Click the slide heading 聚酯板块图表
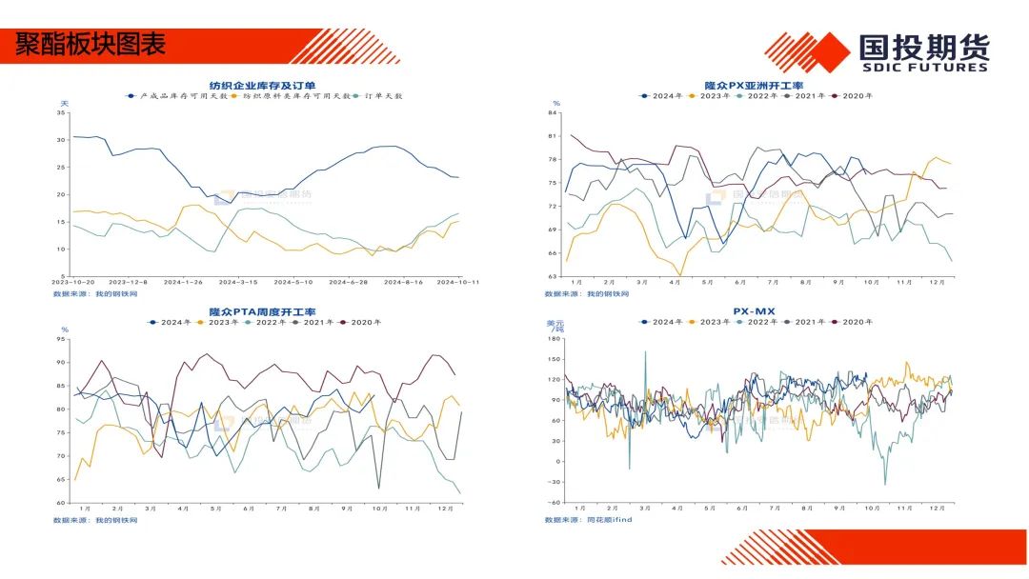pyautogui.click(x=91, y=44)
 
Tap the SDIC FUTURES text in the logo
pyautogui.click(x=924, y=68)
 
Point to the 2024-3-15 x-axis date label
pyautogui.click(x=239, y=282)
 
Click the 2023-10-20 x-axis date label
pyautogui.click(x=74, y=282)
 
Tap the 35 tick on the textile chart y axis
pyautogui.click(x=61, y=113)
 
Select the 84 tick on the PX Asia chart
pyautogui.click(x=553, y=113)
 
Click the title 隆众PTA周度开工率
pyautogui.click(x=262, y=311)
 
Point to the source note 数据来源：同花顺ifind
pyautogui.click(x=588, y=520)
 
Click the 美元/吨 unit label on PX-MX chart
pyautogui.click(x=554, y=326)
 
